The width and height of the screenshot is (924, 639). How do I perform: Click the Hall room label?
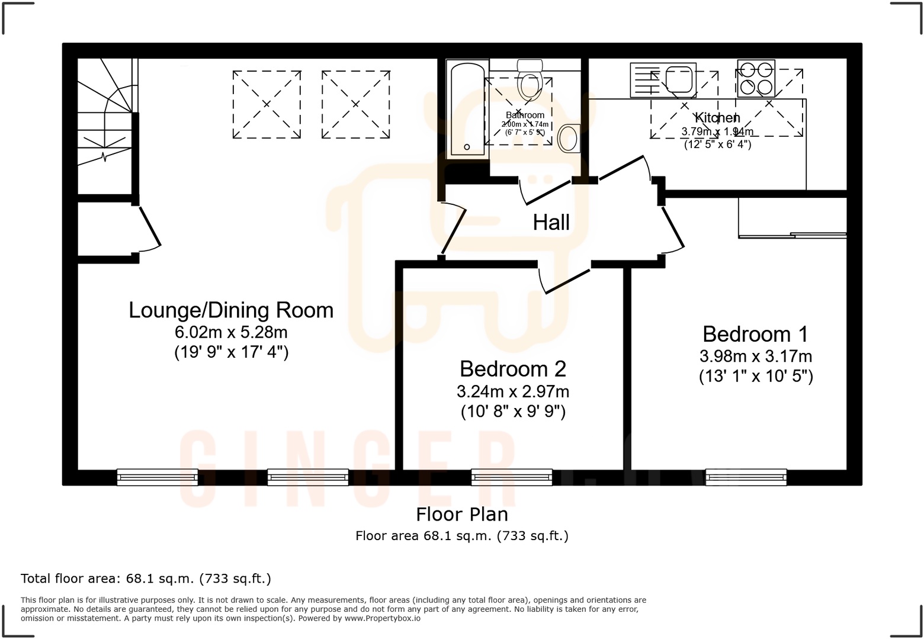point(551,223)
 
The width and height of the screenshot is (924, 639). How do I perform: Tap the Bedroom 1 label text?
point(755,334)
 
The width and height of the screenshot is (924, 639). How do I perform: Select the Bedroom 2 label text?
point(513,369)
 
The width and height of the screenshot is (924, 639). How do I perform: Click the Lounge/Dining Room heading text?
point(231,310)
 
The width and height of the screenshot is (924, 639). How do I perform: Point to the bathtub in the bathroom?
point(467,110)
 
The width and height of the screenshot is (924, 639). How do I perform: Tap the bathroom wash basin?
point(568,138)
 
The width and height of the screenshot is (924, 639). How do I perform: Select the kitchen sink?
point(679,80)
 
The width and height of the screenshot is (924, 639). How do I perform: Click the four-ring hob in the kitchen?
point(756,78)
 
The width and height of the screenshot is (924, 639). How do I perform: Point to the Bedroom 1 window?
point(746,477)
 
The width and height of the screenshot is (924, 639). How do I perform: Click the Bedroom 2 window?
point(512,477)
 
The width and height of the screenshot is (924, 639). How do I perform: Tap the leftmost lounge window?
point(157,477)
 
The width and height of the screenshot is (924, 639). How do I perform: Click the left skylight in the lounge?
point(267,104)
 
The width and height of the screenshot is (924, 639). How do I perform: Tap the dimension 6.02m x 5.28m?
point(231,332)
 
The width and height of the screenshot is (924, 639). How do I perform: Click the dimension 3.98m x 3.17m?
point(755,357)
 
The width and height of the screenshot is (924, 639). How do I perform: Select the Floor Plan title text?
point(461,514)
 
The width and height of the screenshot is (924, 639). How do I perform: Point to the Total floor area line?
point(146,579)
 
